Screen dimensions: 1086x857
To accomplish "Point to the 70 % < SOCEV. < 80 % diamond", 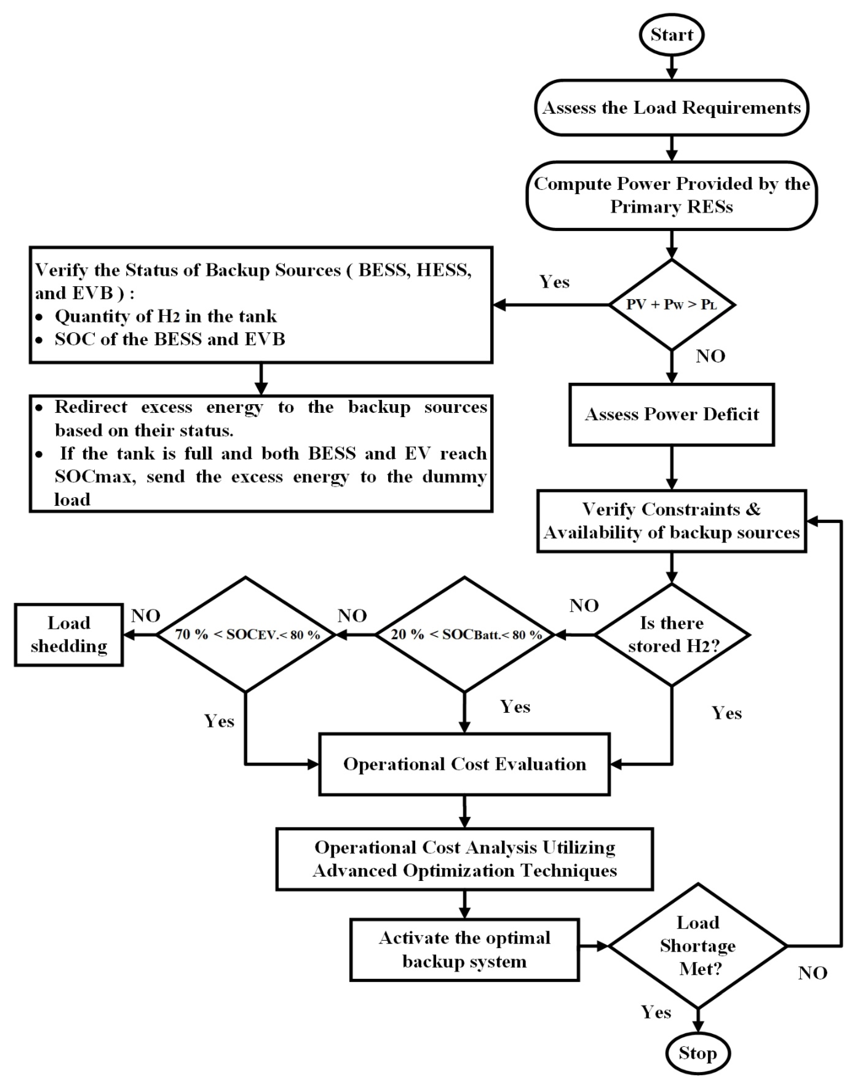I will coord(246,635).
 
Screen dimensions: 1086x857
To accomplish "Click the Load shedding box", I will coord(69,635).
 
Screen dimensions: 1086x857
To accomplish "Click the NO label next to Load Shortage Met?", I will coord(812,973).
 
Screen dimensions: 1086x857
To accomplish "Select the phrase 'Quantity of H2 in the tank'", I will coord(166,316).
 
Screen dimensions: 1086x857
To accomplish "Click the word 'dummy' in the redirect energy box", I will coord(454,476).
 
